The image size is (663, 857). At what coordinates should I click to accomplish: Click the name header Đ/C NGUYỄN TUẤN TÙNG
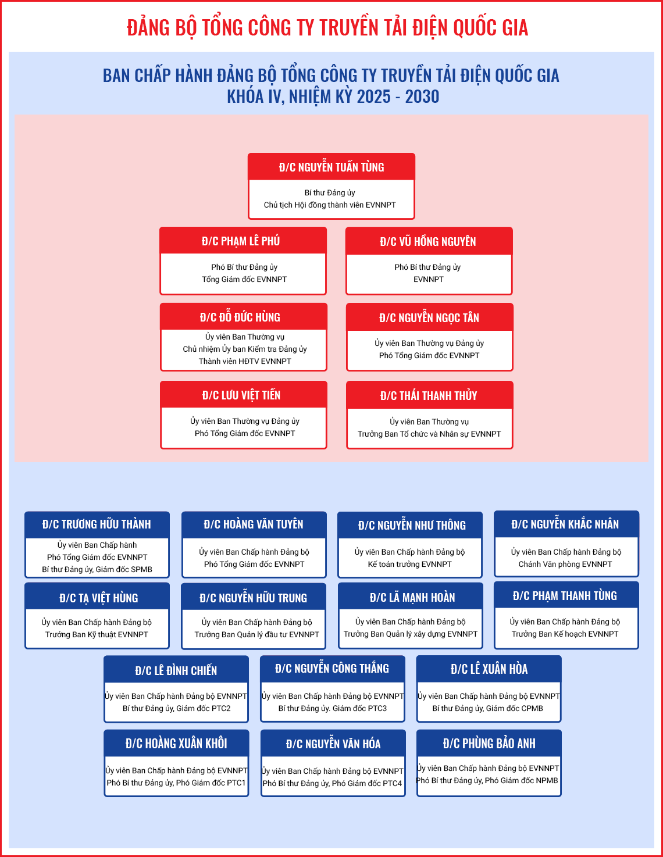tap(331, 167)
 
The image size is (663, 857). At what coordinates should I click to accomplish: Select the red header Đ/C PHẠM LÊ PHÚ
tap(241, 241)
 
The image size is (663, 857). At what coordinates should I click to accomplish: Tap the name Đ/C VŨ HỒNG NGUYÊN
tap(428, 241)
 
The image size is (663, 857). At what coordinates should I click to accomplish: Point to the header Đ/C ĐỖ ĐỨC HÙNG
tap(240, 317)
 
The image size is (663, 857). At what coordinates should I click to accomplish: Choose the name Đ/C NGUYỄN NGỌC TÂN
tap(429, 317)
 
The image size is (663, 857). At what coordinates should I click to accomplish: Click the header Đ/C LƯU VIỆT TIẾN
tap(241, 395)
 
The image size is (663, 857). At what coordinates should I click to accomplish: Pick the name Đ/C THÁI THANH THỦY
tap(429, 395)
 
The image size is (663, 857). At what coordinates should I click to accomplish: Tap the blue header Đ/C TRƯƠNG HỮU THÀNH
tap(97, 524)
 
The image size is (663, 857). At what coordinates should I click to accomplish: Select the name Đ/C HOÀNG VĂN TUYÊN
tap(254, 524)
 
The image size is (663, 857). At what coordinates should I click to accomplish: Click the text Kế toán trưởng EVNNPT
tap(410, 564)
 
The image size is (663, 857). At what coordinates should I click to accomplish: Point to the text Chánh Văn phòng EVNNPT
tap(565, 564)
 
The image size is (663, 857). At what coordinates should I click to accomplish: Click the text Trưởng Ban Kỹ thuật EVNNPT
tap(97, 634)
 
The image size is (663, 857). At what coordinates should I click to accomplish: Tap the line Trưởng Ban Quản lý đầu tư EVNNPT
tap(256, 634)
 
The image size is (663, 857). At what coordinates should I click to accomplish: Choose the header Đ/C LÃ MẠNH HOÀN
tap(412, 598)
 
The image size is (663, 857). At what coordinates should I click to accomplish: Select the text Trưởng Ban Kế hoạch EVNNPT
tap(565, 634)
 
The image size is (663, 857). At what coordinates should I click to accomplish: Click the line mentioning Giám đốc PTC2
tap(176, 708)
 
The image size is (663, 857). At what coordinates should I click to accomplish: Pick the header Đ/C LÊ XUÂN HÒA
tap(489, 669)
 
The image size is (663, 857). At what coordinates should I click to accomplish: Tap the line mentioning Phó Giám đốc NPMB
tap(487, 780)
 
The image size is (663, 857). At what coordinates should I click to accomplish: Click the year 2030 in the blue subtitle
tap(422, 97)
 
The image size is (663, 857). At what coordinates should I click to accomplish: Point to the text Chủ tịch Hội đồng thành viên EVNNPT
tap(330, 205)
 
